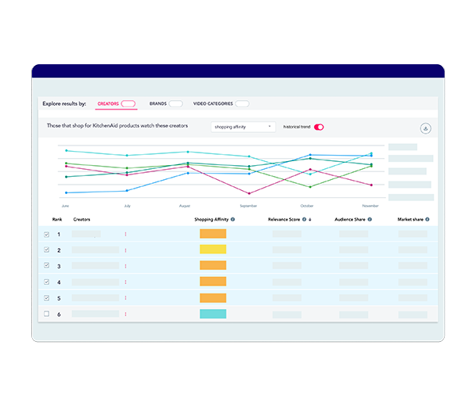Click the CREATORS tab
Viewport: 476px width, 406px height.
tap(108, 103)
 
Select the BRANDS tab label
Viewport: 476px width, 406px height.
tap(157, 103)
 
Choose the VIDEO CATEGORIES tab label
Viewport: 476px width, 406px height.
tap(212, 103)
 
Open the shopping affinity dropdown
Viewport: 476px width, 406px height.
tap(243, 127)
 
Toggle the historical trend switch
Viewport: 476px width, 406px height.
tap(319, 127)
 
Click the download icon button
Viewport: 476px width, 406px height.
tap(426, 128)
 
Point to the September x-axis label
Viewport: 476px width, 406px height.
tap(248, 206)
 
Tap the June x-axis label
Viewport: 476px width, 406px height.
tap(65, 206)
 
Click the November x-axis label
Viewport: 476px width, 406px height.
tap(371, 206)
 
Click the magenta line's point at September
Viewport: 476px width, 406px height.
tap(249, 193)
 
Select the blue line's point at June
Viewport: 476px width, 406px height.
tap(66, 192)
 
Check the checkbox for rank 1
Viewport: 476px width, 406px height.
tap(46, 235)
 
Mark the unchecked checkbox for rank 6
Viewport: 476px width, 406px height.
tap(46, 314)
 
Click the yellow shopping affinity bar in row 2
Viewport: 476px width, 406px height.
tap(213, 250)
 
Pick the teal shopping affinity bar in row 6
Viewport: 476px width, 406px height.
tap(213, 314)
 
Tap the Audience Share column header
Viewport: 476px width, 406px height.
tap(349, 220)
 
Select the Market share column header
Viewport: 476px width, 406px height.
tap(411, 220)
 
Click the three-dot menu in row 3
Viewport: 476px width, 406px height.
tap(125, 266)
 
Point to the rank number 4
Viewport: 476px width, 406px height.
tap(59, 282)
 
